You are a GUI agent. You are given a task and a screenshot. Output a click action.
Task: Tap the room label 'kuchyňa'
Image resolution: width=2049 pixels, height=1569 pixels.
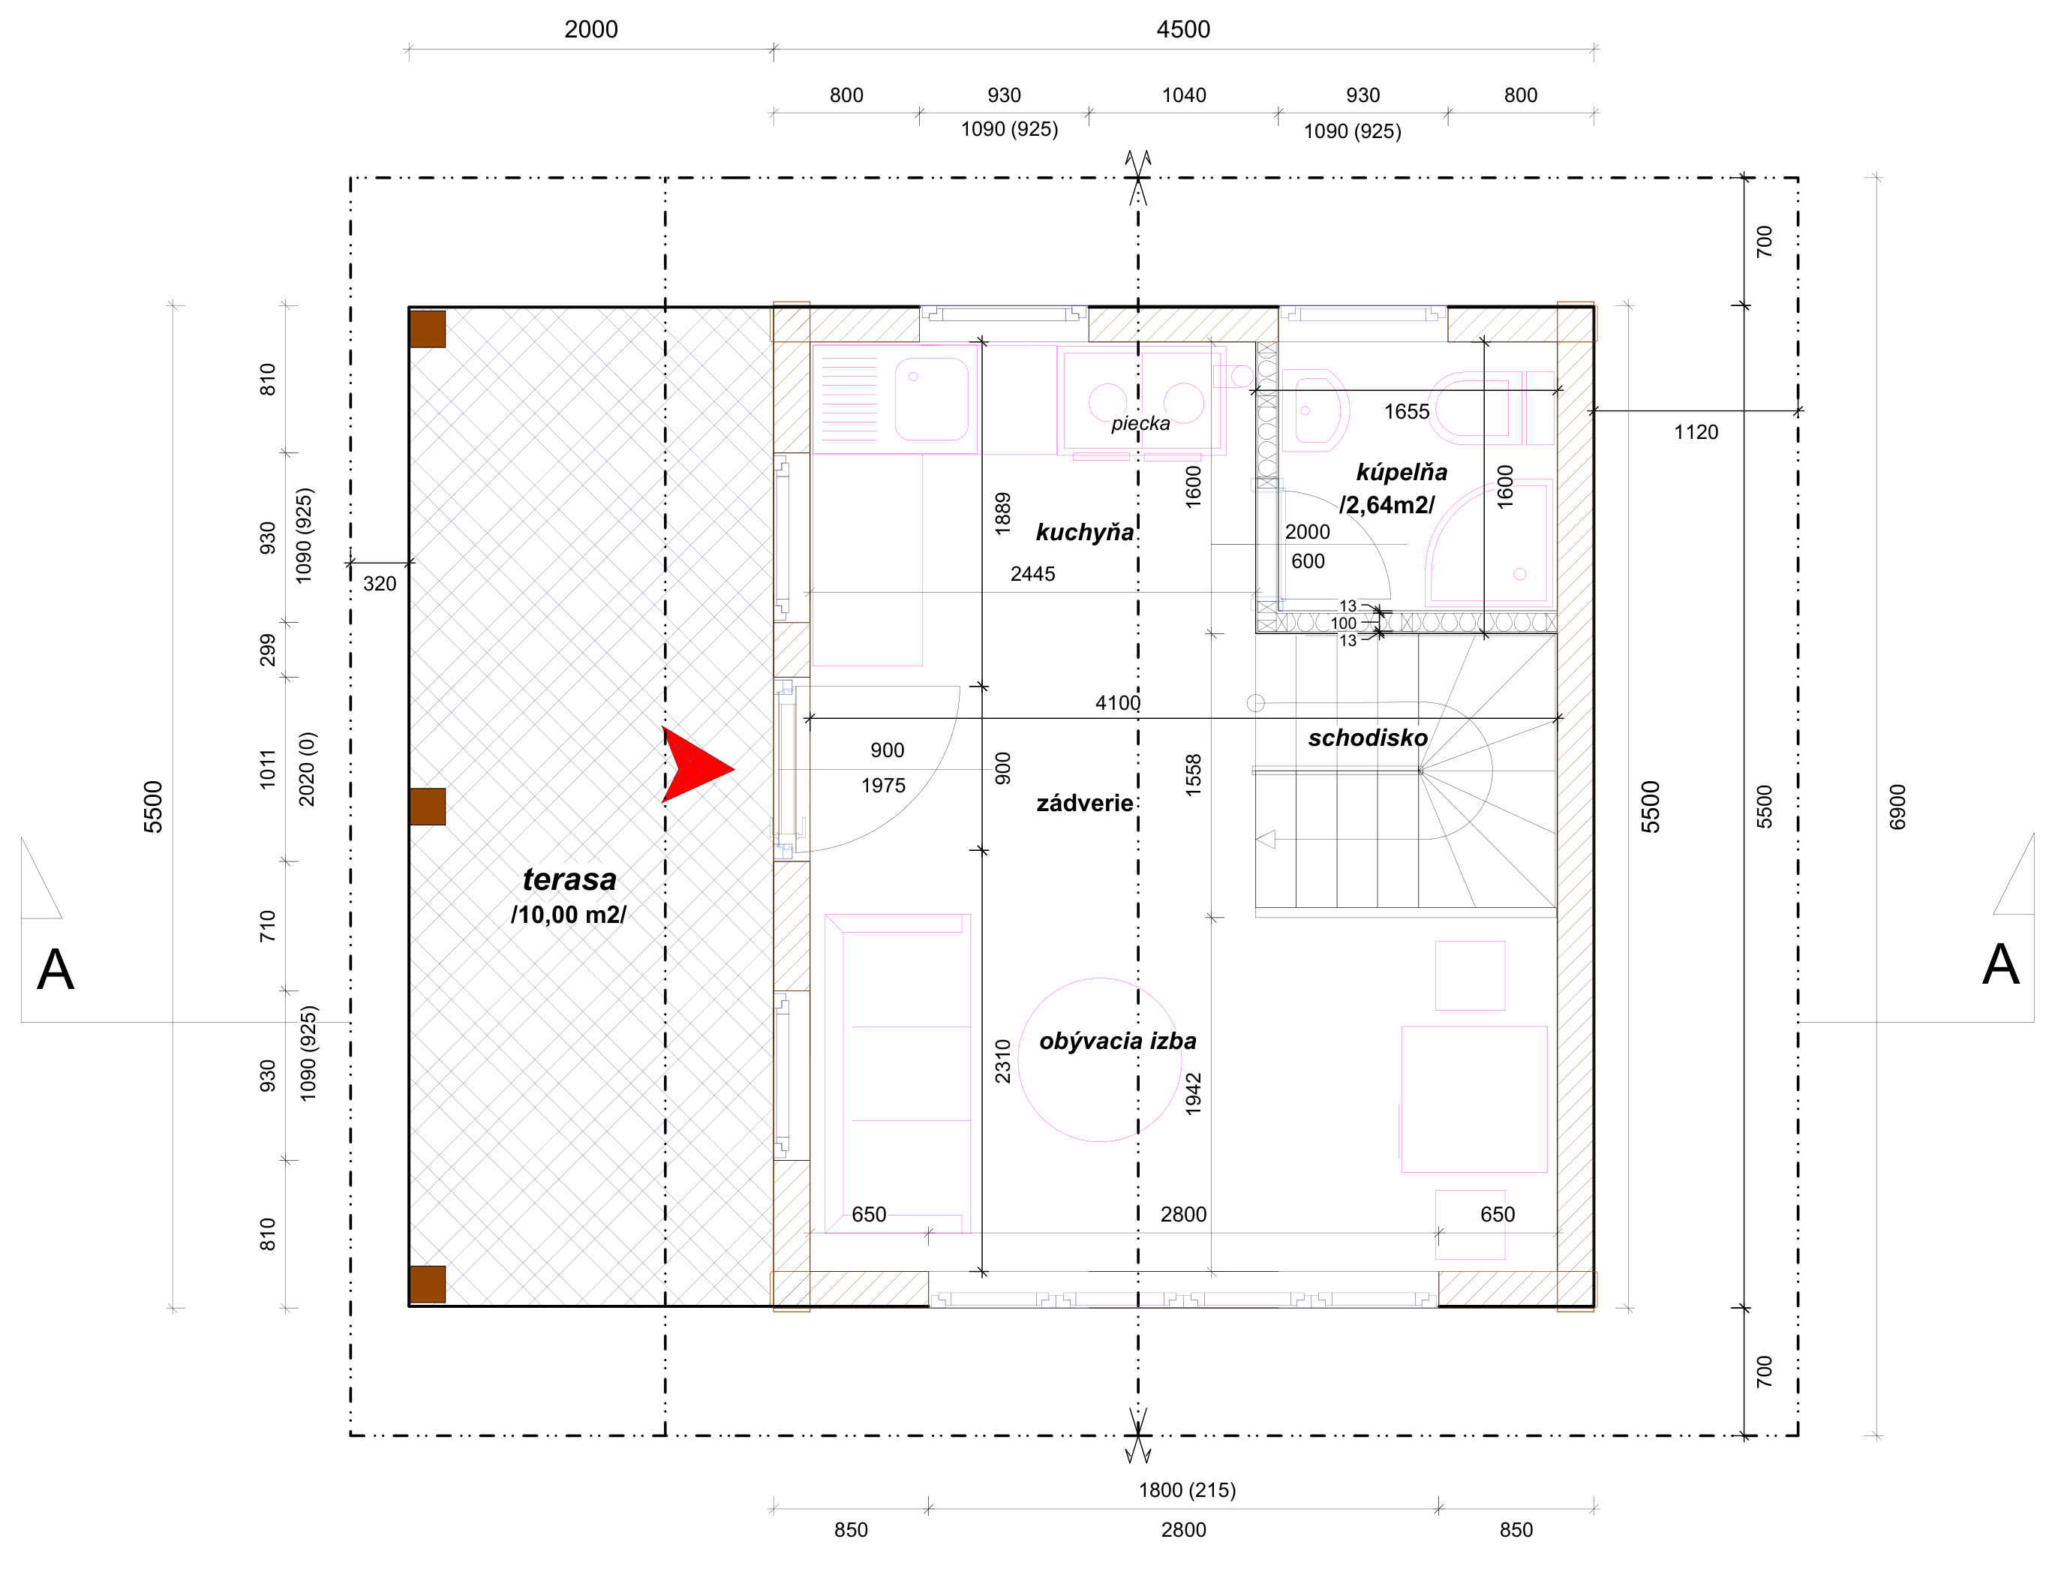click(x=1084, y=532)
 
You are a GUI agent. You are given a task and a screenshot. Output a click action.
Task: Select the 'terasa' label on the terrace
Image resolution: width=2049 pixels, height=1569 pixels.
click(x=569, y=879)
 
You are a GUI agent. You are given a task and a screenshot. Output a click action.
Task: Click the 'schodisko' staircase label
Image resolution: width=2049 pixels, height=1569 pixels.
click(x=1367, y=738)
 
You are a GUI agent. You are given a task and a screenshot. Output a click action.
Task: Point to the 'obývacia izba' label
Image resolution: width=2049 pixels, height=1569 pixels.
click(x=1117, y=1041)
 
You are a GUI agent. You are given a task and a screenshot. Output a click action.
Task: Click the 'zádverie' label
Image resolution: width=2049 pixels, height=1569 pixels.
click(x=1084, y=803)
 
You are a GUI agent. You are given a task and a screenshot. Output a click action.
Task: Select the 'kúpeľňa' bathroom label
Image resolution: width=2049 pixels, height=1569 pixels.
click(x=1401, y=472)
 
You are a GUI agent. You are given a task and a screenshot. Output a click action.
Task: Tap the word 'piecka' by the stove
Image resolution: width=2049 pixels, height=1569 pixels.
click(x=1140, y=423)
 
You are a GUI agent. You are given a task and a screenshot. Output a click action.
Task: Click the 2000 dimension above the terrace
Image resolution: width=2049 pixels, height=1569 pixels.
click(x=591, y=29)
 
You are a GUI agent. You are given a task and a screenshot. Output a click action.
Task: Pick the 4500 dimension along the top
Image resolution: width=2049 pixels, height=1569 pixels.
click(x=1183, y=29)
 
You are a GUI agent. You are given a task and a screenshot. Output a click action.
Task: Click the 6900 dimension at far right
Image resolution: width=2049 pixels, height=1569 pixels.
click(x=1897, y=807)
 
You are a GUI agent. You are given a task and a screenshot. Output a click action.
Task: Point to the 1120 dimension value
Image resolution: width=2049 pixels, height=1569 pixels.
click(x=1695, y=432)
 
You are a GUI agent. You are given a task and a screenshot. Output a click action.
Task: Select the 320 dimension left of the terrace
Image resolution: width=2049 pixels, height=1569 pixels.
click(x=379, y=584)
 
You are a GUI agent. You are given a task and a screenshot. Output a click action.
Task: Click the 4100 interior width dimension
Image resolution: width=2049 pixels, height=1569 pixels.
click(x=1117, y=702)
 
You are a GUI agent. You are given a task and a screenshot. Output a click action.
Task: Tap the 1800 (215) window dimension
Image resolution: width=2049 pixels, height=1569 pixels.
click(x=1187, y=1489)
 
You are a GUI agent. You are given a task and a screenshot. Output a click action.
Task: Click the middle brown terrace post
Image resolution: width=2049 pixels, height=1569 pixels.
click(x=427, y=806)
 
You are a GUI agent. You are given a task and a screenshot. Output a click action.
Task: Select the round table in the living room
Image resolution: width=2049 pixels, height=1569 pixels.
click(x=1100, y=1060)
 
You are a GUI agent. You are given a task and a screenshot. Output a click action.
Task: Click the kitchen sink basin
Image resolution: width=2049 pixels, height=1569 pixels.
click(x=930, y=398)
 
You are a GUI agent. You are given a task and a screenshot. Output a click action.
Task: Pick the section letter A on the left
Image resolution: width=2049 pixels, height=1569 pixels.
click(x=55, y=969)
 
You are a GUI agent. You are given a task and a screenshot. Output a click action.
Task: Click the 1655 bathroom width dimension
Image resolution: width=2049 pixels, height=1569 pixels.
click(x=1407, y=412)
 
